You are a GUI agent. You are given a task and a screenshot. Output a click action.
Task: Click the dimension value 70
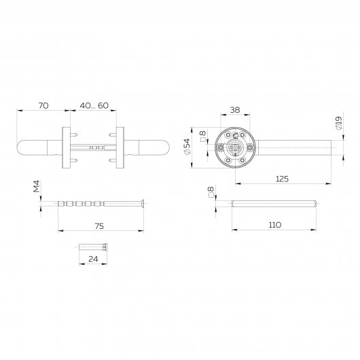pos(43,106)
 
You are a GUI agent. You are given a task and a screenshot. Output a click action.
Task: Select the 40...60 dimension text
pos(94,106)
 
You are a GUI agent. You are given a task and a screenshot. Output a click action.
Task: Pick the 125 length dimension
pos(283,178)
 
